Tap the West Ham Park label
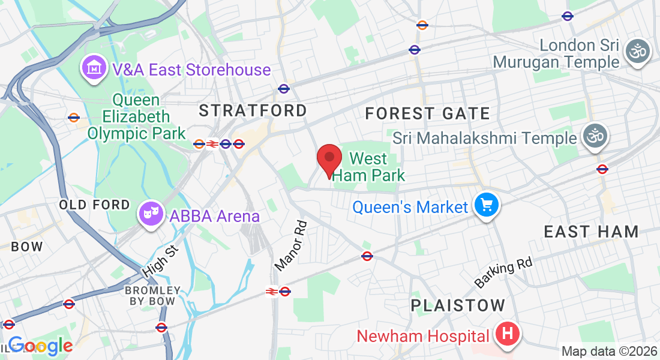(368, 167)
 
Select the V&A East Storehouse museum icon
(94, 69)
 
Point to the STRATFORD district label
(253, 110)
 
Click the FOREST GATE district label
(427, 113)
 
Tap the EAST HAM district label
(591, 232)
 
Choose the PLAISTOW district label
(458, 305)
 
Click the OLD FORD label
(94, 205)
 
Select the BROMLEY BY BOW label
(152, 296)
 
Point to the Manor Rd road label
(291, 245)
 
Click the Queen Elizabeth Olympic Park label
(136, 116)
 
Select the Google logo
(40, 346)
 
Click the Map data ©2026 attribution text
(608, 352)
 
